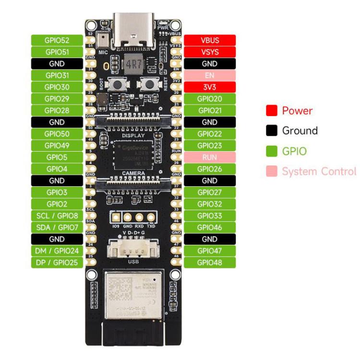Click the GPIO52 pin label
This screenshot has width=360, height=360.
point(57,40)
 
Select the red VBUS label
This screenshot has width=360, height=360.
point(210,40)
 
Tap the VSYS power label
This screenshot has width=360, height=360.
point(210,51)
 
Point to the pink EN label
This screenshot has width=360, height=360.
point(210,75)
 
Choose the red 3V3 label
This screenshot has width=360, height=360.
point(210,87)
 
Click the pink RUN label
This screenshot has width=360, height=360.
point(210,157)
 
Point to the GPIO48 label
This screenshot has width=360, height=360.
point(210,263)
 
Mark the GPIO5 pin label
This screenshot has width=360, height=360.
point(57,157)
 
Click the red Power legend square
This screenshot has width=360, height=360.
point(272,111)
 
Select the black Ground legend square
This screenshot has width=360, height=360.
point(272,131)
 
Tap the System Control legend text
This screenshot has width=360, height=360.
point(319,171)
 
